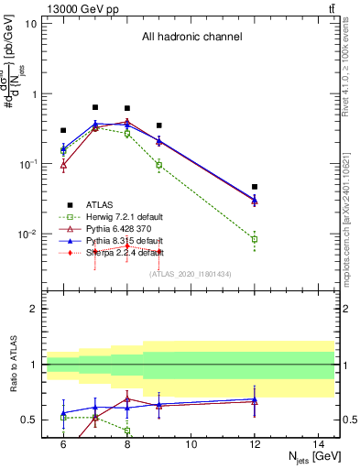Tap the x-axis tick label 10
pos(191,443)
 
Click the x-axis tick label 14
pos(319,443)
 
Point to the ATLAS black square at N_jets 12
pos(255,187)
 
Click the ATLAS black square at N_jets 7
pos(95,107)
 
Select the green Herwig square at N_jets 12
pos(255,239)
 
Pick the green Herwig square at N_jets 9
pos(159,165)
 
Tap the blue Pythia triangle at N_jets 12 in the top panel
pos(255,200)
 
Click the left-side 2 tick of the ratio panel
pos(34,309)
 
